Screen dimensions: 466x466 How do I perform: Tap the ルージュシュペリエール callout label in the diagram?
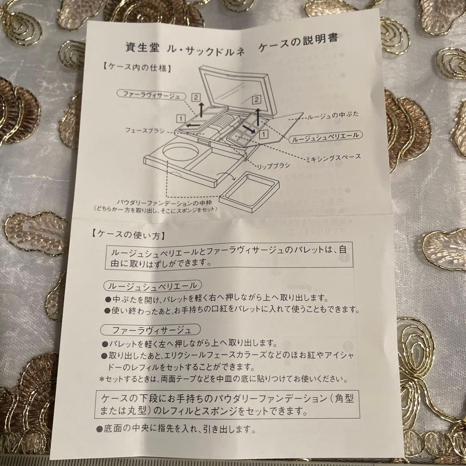(326, 135)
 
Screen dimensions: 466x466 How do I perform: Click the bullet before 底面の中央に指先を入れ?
(100, 429)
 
